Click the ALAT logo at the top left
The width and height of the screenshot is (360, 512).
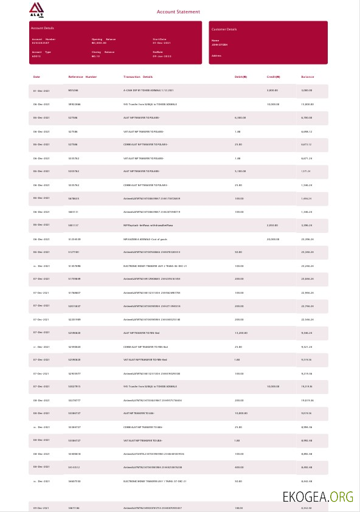click(x=36, y=10)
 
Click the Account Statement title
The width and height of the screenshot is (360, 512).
click(x=178, y=12)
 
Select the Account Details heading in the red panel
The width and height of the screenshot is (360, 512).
click(x=42, y=28)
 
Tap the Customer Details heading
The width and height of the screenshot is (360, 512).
click(x=224, y=29)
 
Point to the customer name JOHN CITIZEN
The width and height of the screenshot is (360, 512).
click(x=220, y=45)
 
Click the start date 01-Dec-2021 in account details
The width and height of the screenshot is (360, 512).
click(x=162, y=43)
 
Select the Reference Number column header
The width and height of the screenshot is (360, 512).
click(x=82, y=77)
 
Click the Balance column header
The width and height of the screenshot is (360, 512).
click(x=308, y=77)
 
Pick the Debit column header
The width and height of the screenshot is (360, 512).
click(x=241, y=77)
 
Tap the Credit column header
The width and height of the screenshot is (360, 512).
click(x=274, y=77)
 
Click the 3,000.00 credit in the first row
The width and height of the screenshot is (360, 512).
click(x=272, y=91)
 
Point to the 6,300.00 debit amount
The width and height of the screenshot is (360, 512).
click(x=240, y=118)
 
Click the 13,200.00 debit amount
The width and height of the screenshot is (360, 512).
click(x=241, y=333)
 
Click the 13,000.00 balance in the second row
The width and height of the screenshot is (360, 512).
click(x=306, y=105)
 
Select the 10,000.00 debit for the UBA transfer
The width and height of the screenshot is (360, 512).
click(x=241, y=413)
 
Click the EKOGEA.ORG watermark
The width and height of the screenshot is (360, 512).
click(x=317, y=496)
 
